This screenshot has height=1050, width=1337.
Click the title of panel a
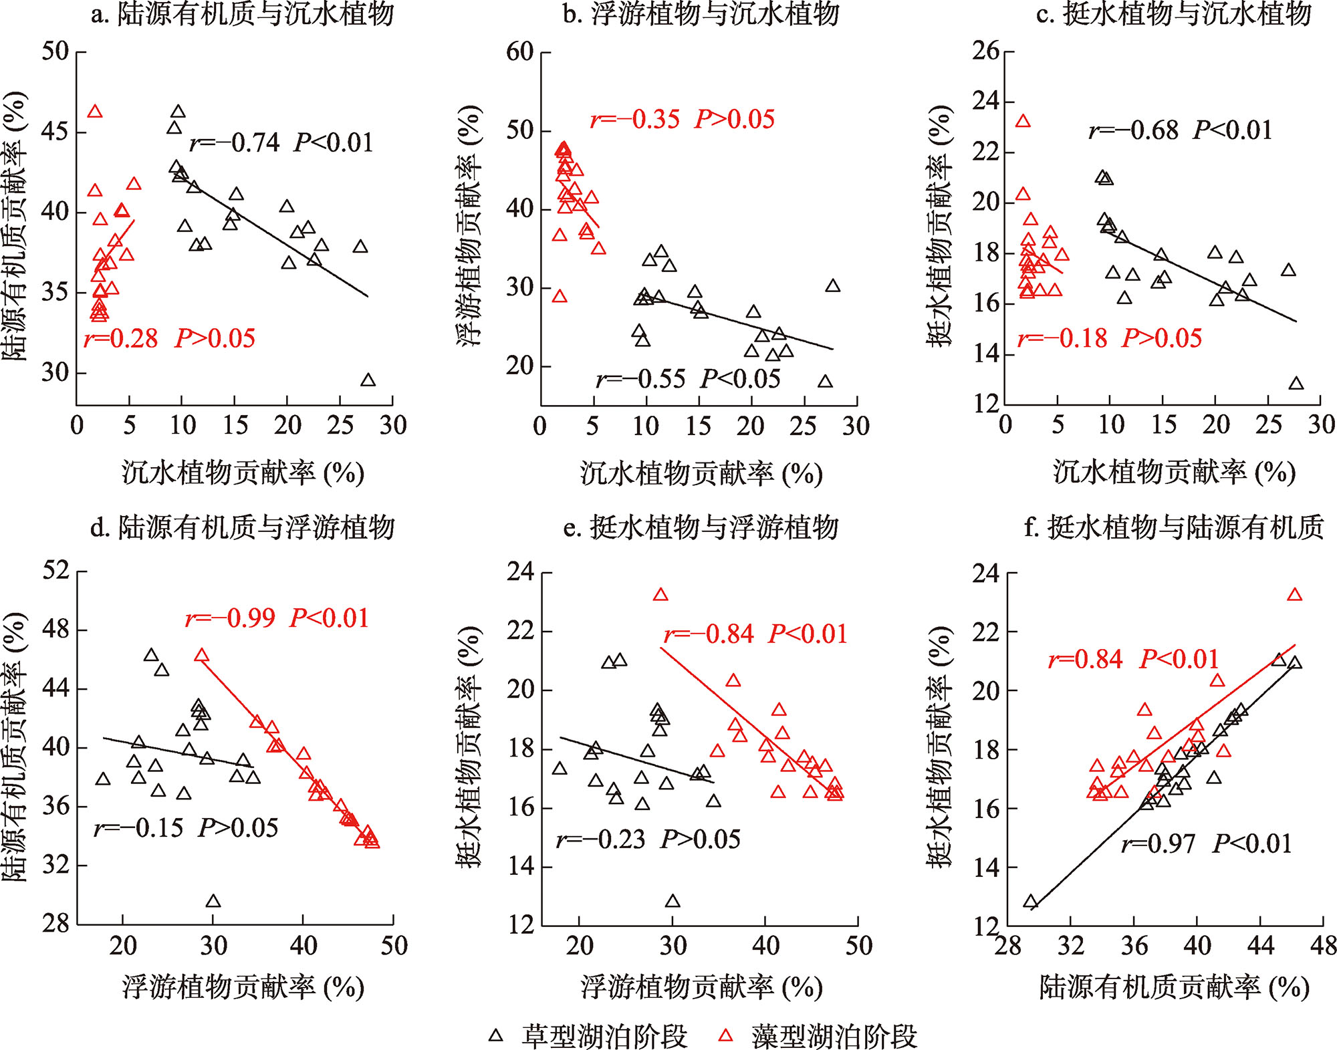point(242,15)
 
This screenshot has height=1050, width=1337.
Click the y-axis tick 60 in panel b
point(520,51)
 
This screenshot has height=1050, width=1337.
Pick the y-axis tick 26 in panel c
point(985,51)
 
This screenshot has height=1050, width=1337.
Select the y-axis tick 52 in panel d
point(55,571)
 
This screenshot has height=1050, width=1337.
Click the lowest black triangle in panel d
point(213,902)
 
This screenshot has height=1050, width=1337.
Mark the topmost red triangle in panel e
point(660,595)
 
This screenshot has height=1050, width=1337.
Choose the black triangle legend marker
point(495,1036)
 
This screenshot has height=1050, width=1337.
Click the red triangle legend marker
point(725,1036)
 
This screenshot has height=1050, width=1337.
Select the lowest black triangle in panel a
point(368,380)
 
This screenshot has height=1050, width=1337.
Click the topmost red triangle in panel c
point(1023,122)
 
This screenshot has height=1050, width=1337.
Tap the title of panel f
point(1174,528)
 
